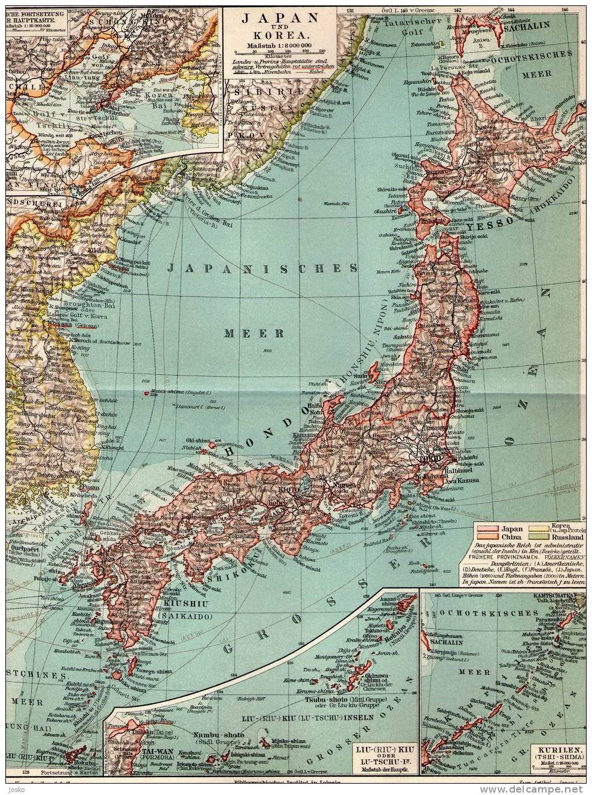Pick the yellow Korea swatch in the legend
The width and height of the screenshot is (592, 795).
click(x=538, y=529)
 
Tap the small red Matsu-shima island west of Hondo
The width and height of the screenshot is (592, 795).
click(x=147, y=393)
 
